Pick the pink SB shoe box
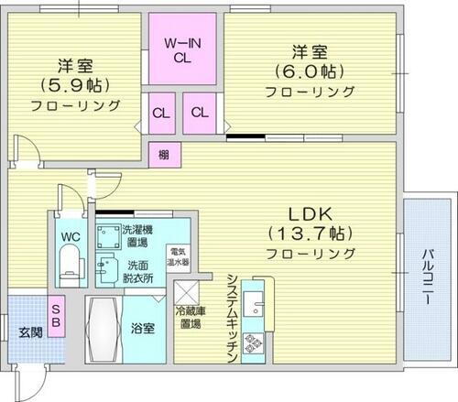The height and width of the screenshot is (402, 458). click(x=56, y=316)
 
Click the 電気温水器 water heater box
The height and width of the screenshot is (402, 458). click(x=178, y=257)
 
